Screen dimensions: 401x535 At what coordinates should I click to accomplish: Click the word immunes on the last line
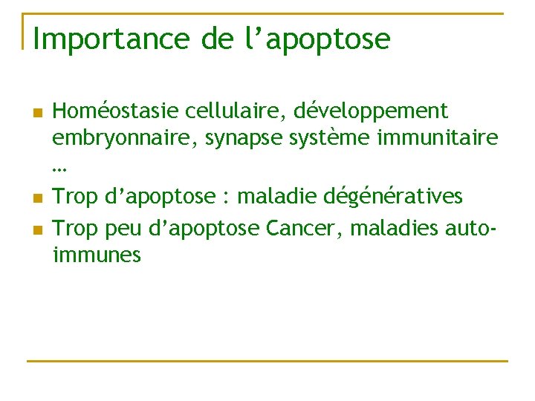pos(97,255)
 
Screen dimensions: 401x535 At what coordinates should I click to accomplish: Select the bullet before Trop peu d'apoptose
pos(37,228)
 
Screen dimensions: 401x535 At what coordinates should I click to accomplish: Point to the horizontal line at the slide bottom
pos(267,362)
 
